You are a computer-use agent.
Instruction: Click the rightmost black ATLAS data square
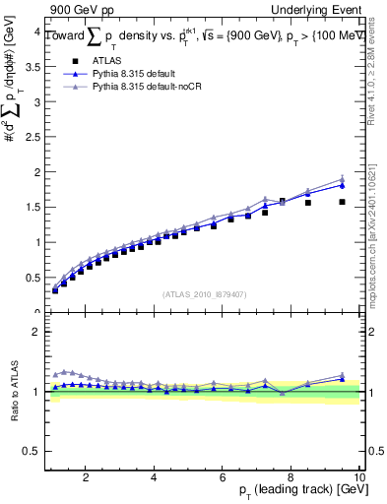[x=342, y=202]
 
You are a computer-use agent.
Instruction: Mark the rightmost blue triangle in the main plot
[x=342, y=185]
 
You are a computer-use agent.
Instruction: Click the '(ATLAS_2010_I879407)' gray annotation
[x=205, y=293]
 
